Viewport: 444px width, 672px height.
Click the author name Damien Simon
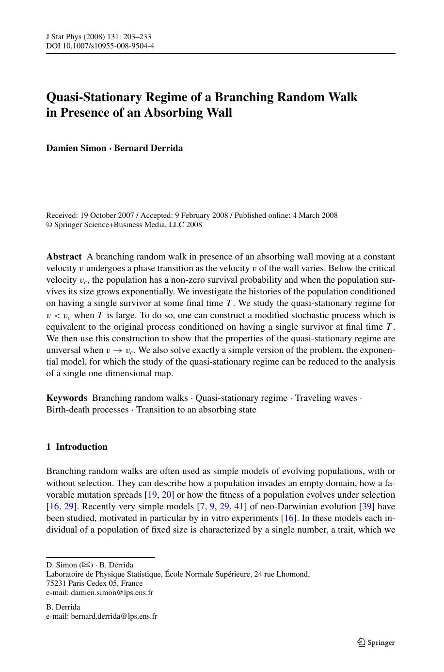76,148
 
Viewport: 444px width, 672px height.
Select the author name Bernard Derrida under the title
148,148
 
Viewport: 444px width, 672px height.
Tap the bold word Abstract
63,257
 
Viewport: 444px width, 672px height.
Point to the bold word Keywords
66,398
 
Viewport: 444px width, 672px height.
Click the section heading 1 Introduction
77,447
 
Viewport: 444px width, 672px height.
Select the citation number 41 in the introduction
239,506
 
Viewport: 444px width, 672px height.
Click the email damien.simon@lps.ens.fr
112,592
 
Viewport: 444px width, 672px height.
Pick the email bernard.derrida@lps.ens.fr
114,616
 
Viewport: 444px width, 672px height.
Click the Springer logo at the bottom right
376,642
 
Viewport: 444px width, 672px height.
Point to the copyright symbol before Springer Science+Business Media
48,225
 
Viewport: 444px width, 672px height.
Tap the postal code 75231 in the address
56,583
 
